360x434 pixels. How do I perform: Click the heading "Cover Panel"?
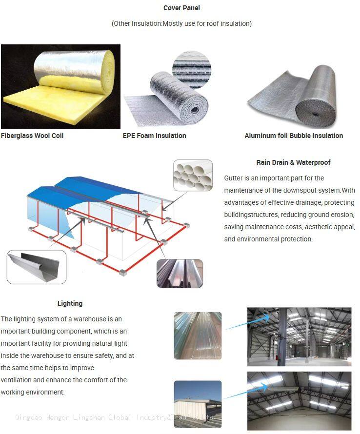[181, 8]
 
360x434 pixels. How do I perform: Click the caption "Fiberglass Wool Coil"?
[32, 136]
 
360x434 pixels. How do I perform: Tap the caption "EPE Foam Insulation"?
[154, 136]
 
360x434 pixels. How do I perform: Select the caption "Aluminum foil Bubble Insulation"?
[294, 136]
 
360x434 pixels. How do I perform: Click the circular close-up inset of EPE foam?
[192, 68]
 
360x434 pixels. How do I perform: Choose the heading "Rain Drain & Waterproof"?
[293, 162]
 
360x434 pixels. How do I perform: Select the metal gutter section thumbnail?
[37, 267]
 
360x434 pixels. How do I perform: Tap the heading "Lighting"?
[70, 303]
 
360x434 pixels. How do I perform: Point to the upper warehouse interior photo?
[299, 336]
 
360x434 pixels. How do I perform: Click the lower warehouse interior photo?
[299, 401]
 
